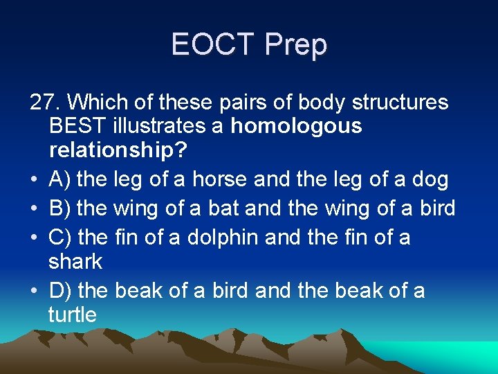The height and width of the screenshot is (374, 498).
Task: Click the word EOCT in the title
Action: click(x=212, y=45)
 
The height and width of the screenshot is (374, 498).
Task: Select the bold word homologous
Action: click(x=296, y=126)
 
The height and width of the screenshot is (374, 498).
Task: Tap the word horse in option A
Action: click(x=219, y=179)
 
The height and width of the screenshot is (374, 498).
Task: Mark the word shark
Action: click(x=75, y=262)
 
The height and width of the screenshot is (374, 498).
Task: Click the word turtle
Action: click(x=73, y=315)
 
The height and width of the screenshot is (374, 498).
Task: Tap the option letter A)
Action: click(x=60, y=179)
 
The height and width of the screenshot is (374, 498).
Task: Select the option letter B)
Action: click(x=60, y=208)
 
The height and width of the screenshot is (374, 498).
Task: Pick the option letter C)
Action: click(x=61, y=237)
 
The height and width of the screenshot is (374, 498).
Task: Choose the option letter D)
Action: click(x=61, y=290)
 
